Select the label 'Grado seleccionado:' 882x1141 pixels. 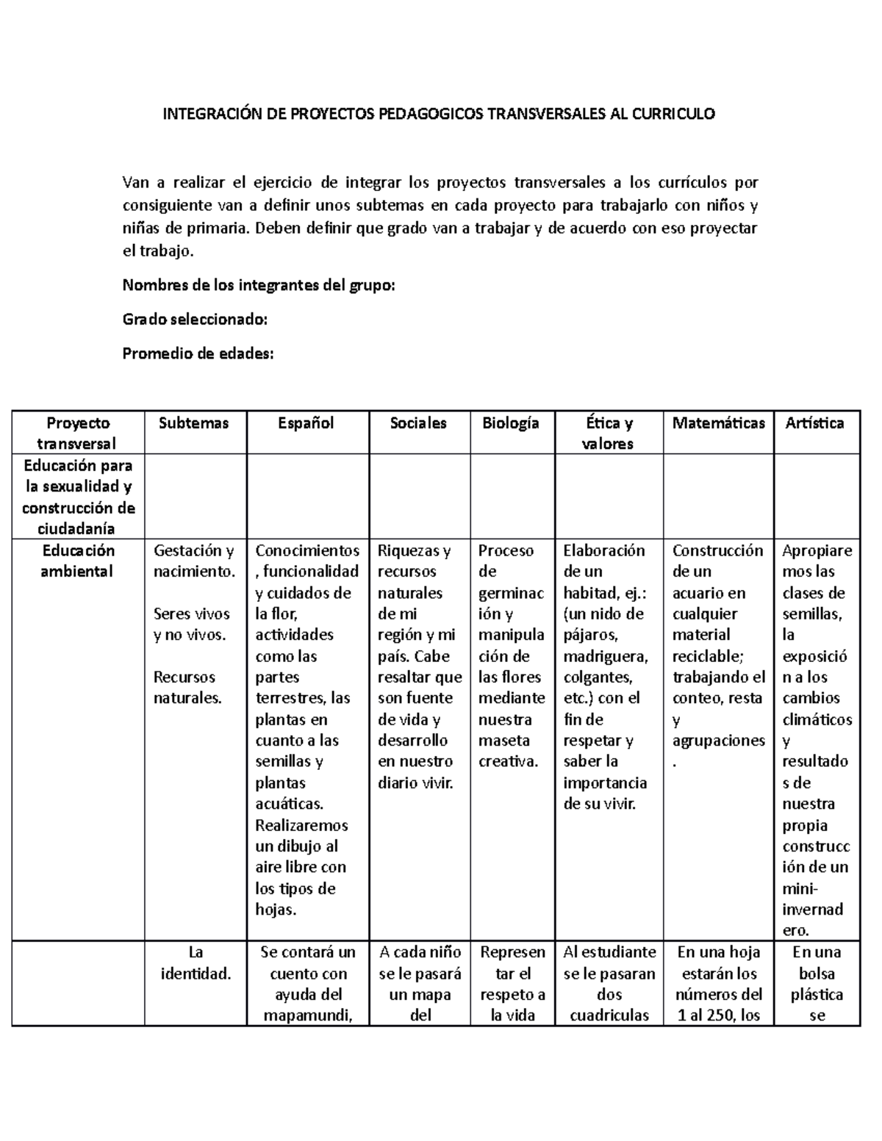tap(195, 320)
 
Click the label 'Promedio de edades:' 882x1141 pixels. tap(198, 353)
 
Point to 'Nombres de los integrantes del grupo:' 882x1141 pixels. tap(259, 285)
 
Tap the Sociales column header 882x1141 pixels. tap(417, 423)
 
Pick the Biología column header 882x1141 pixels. tap(511, 423)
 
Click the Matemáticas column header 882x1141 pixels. tap(718, 423)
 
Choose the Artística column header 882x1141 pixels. tap(814, 423)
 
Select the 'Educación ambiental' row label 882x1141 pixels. tap(78, 561)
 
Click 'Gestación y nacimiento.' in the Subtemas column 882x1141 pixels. tap(194, 561)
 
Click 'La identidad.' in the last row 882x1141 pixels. tap(196, 962)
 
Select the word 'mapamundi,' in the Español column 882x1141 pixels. tap(308, 1015)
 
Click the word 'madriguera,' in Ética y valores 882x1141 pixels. tap(605, 656)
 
